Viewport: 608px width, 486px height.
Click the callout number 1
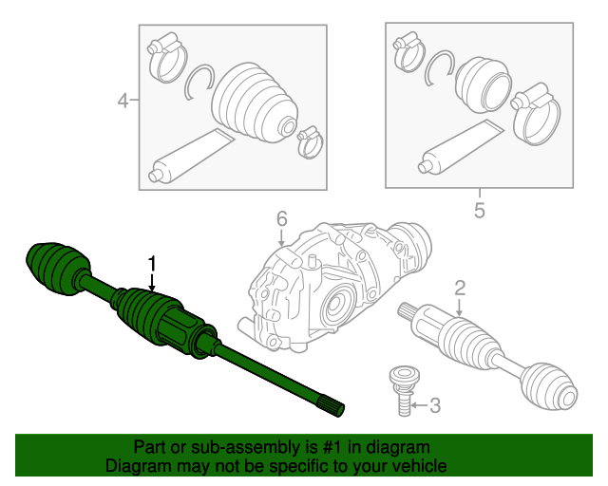150,263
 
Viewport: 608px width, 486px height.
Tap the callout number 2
459,288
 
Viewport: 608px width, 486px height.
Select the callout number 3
435,406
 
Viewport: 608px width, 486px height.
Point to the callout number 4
123,100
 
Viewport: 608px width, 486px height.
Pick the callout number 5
479,210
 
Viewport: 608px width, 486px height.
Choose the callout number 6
281,219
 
